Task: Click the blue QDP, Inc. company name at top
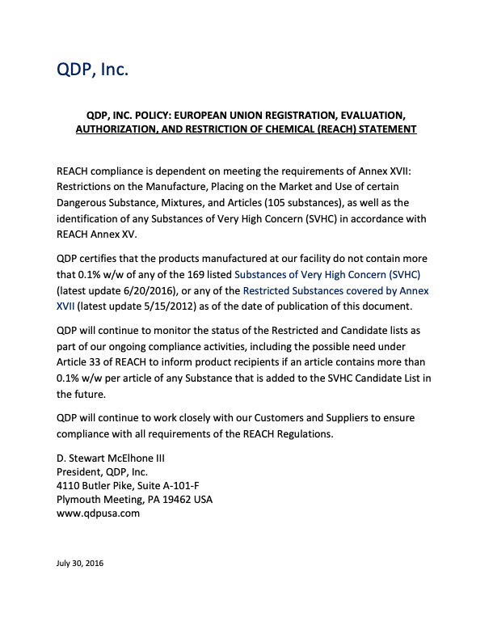92,70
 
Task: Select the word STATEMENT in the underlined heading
384,129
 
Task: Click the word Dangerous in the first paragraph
84,202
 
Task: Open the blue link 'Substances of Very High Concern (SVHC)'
327,275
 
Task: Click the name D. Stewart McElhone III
111,458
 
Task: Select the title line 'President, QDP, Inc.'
102,471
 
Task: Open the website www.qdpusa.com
99,513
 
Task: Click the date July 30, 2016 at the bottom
80,563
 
